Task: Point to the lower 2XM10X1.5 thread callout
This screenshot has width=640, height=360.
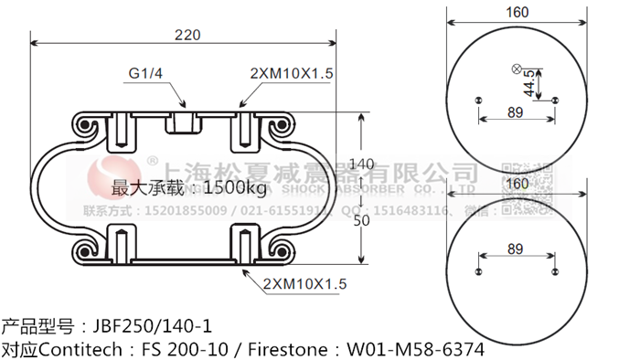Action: click(304, 284)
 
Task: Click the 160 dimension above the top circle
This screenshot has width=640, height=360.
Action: click(517, 13)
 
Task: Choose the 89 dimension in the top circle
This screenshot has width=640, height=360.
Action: click(514, 112)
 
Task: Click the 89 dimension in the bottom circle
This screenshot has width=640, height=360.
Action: click(514, 249)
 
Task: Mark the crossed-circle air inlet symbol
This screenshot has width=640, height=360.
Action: click(517, 69)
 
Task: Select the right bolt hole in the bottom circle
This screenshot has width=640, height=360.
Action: click(554, 270)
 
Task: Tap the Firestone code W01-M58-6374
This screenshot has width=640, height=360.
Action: click(411, 349)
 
